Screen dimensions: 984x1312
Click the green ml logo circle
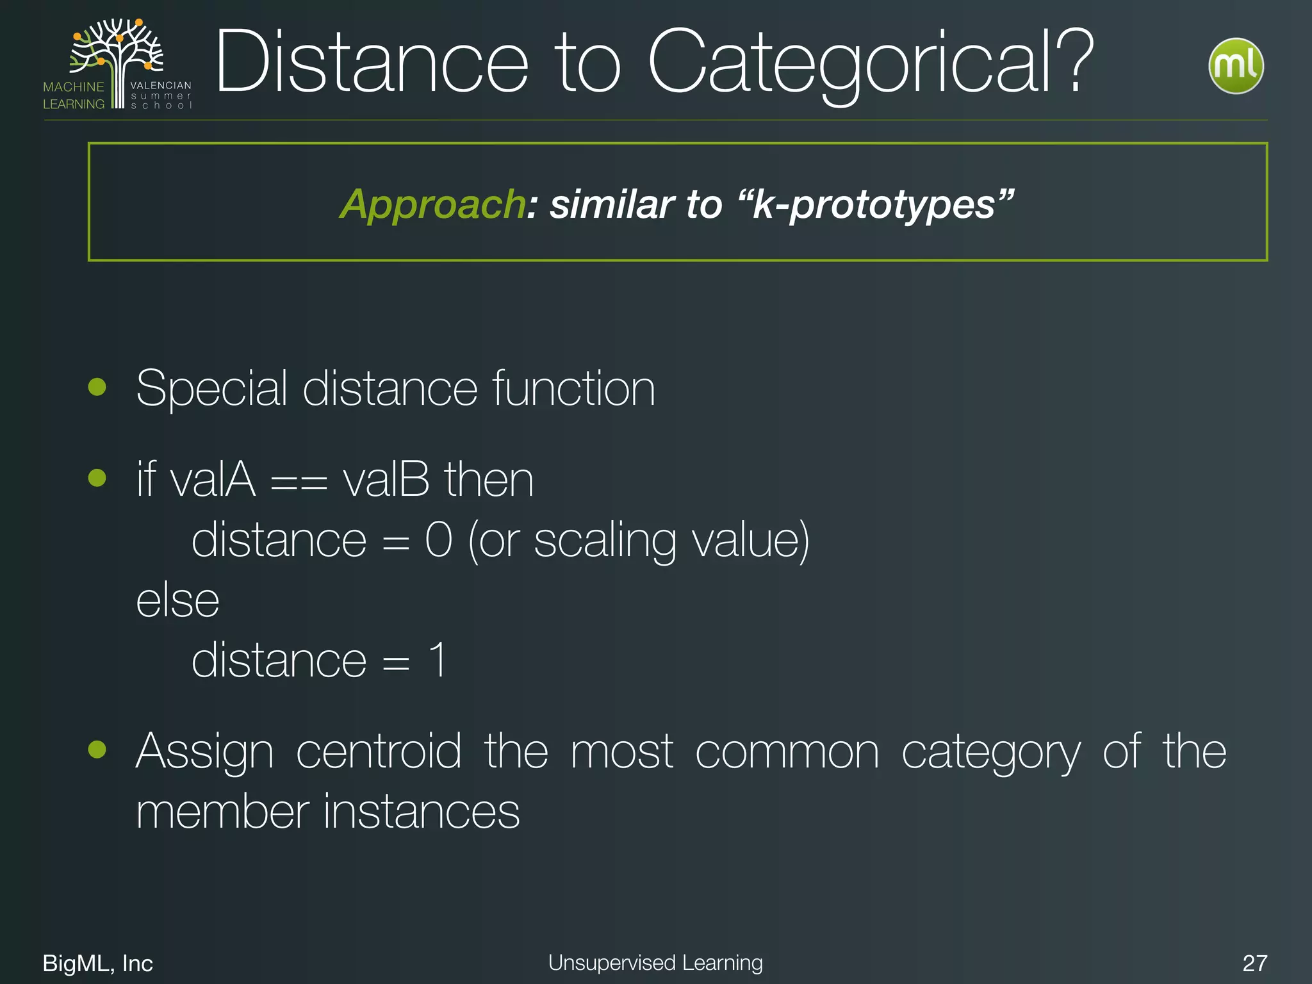1236,66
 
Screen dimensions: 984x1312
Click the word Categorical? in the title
871,63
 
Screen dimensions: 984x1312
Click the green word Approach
432,204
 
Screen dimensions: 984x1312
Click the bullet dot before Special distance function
97,387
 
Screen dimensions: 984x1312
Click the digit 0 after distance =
439,540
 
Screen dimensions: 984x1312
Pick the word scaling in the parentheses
605,541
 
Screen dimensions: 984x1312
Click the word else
178,601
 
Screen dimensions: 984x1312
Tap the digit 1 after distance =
438,660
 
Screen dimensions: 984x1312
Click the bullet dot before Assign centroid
97,749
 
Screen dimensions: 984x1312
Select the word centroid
379,751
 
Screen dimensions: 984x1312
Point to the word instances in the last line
422,811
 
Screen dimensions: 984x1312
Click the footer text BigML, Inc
98,963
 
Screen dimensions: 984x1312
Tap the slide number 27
1254,963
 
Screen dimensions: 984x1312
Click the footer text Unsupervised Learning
655,963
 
